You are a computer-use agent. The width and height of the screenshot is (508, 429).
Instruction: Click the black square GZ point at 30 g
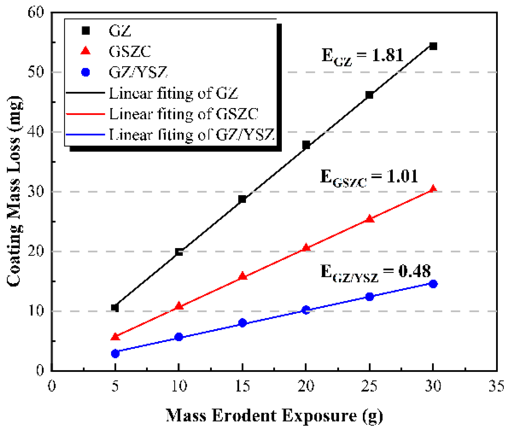tap(433, 46)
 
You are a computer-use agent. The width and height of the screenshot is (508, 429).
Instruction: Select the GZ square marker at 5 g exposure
tap(115, 308)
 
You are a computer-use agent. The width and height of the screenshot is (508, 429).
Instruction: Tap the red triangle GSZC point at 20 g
tap(306, 248)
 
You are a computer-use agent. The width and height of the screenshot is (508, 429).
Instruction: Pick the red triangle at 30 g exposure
tap(433, 189)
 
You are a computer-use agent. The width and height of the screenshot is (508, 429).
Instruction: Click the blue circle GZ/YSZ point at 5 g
tap(115, 354)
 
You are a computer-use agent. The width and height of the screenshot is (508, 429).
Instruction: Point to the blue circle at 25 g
tap(369, 297)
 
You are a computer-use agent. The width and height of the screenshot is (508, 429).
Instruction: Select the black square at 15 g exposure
tap(242, 199)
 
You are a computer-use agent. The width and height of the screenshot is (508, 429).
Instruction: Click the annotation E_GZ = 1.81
tap(362, 56)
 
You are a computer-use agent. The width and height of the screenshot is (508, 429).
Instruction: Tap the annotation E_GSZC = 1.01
tap(369, 177)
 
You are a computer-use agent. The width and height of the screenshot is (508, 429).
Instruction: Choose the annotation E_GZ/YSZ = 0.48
tap(375, 273)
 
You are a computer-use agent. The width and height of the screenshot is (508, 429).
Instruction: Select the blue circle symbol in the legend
tap(86, 72)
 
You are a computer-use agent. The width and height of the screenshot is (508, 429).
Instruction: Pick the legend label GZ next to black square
tap(120, 31)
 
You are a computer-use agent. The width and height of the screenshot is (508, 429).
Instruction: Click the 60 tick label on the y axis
tap(36, 12)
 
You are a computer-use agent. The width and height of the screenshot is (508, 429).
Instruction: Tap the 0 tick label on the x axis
tap(52, 386)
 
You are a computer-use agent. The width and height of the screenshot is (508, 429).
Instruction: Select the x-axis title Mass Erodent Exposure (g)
tap(274, 415)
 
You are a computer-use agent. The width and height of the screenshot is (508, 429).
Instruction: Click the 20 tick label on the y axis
tap(36, 251)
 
